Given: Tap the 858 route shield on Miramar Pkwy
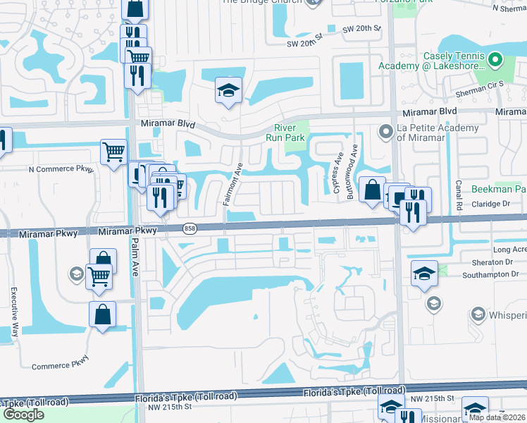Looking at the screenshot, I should click(190, 228).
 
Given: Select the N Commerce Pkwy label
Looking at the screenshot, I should click(61, 169).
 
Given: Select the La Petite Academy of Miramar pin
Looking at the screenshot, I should click(385, 130).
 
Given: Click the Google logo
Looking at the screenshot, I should click(24, 415).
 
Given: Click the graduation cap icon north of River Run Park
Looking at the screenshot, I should click(228, 90).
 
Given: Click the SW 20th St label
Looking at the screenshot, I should click(361, 29).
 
